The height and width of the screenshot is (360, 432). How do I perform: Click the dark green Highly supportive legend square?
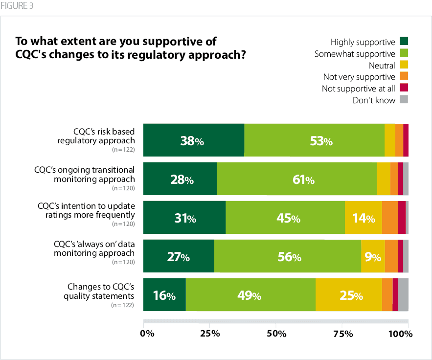click(x=404, y=41)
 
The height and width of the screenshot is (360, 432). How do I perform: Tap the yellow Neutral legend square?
click(x=404, y=65)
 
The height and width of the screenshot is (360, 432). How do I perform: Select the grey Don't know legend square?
click(x=404, y=100)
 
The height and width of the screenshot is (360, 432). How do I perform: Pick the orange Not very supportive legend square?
click(x=404, y=76)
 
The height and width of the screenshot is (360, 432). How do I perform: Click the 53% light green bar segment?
click(x=314, y=140)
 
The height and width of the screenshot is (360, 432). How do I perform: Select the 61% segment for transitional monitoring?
click(x=296, y=179)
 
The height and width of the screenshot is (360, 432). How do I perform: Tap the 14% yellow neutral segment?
click(x=363, y=218)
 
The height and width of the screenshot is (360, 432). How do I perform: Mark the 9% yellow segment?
click(x=373, y=256)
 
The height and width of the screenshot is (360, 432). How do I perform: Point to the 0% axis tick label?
click(x=147, y=334)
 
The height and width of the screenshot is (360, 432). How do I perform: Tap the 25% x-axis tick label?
click(x=210, y=334)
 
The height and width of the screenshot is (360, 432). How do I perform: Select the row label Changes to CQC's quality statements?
click(x=100, y=291)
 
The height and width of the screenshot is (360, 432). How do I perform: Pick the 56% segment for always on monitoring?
click(x=287, y=256)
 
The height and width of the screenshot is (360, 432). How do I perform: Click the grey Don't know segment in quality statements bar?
click(x=403, y=295)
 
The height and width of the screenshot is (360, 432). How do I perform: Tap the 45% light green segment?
click(x=285, y=218)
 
